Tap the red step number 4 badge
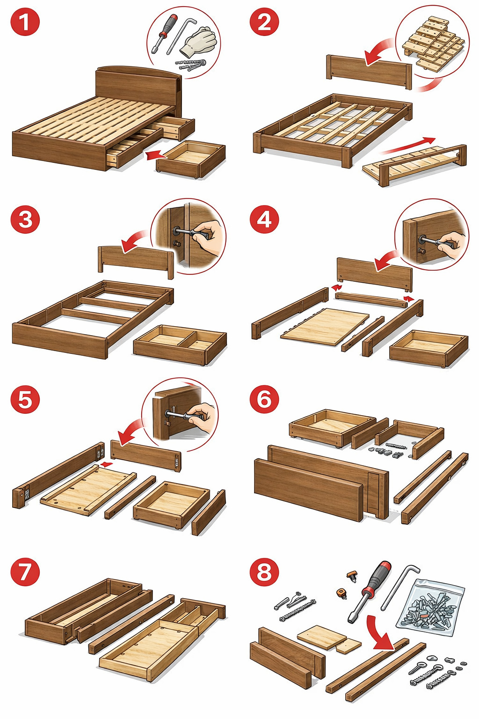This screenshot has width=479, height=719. (264, 220)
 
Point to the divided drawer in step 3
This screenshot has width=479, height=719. (180, 345)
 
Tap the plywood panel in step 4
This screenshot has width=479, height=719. (325, 327)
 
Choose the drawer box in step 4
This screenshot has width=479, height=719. (428, 348)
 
